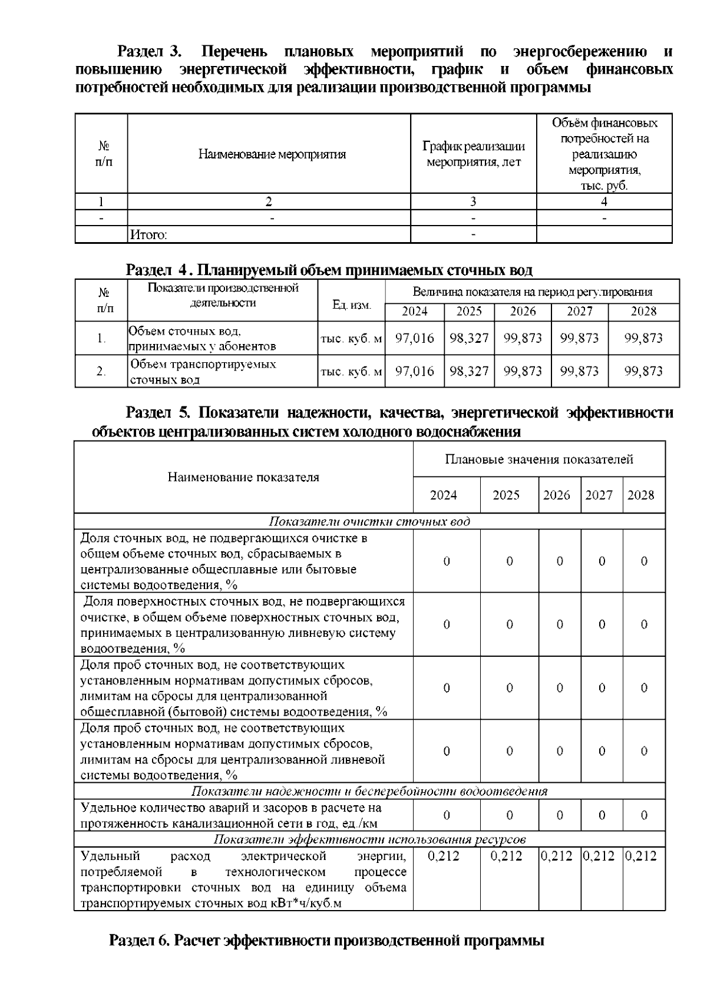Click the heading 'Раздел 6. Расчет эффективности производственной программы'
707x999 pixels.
326,940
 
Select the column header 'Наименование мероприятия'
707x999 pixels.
272,155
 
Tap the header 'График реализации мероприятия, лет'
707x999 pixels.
473,154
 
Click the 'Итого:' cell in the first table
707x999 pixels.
148,235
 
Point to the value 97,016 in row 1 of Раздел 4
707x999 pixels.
414,339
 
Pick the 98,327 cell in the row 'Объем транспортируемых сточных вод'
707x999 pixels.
469,372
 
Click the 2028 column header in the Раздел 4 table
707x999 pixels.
643,312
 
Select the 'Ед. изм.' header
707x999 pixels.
351,305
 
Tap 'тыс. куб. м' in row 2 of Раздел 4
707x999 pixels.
351,372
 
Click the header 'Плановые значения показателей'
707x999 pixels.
539,459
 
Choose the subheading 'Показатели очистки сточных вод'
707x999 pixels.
369,522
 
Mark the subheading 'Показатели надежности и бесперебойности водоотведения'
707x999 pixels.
369,792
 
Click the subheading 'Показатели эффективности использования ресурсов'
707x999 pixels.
369,839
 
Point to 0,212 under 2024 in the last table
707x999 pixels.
443,856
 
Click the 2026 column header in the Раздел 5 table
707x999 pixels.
556,495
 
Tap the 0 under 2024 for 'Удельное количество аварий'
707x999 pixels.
447,816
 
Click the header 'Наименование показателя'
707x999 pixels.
243,478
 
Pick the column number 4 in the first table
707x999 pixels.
604,202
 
